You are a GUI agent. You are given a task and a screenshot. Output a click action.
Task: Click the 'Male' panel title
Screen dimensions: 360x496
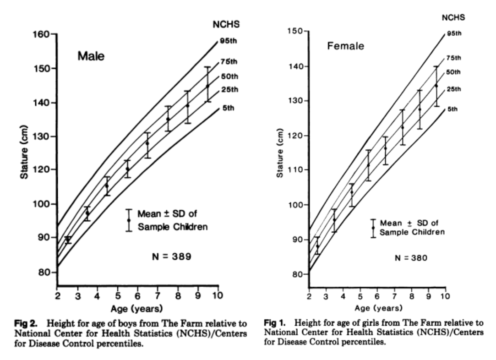tap(91, 57)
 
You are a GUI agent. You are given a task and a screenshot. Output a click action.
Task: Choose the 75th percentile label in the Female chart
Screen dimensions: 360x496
tap(454, 58)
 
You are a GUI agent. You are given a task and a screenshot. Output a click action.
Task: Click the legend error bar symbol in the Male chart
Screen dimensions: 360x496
tap(129, 220)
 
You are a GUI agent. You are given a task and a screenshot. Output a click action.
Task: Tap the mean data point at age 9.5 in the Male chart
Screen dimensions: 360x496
tap(207, 86)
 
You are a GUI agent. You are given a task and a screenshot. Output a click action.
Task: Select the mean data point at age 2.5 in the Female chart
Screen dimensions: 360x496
tap(317, 246)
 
